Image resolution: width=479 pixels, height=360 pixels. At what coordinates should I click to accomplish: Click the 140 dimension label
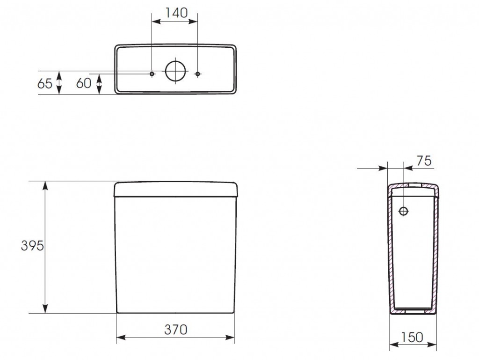[176, 13]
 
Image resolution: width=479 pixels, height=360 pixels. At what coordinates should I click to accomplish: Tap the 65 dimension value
[45, 84]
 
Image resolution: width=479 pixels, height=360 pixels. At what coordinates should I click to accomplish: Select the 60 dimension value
[84, 83]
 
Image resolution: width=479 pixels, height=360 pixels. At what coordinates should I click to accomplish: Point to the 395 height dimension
[32, 245]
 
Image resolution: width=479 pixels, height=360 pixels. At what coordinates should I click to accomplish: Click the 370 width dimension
[176, 330]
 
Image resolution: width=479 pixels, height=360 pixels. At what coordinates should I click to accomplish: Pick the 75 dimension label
[424, 161]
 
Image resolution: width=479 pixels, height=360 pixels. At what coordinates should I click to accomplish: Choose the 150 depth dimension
[412, 337]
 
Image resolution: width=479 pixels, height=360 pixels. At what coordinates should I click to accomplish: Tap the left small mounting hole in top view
[152, 74]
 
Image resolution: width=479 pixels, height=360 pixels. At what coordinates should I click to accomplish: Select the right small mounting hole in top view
[198, 74]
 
